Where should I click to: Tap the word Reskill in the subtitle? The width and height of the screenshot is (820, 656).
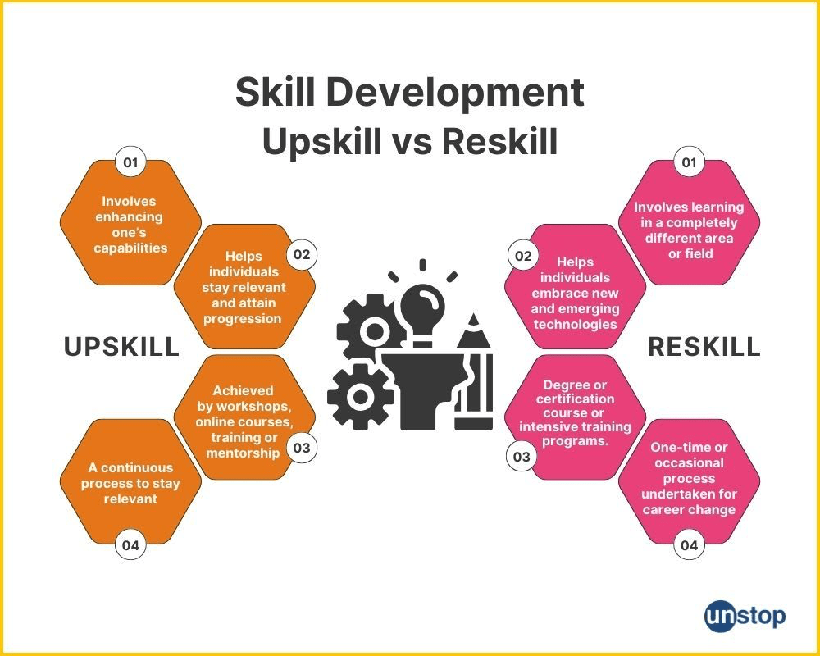click(x=500, y=141)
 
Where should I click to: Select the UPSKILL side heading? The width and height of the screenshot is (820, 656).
click(x=121, y=347)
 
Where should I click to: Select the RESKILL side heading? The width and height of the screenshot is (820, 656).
click(x=704, y=347)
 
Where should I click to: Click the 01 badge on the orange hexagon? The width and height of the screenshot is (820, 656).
click(x=130, y=162)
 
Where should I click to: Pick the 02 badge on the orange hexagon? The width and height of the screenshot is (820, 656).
click(x=302, y=255)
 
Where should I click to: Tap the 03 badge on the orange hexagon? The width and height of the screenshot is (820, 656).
click(x=302, y=448)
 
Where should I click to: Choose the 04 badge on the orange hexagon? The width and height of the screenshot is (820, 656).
click(x=130, y=545)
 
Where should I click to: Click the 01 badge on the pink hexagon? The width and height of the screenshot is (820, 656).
click(x=690, y=162)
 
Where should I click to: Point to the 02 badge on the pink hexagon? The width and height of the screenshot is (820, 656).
click(x=523, y=256)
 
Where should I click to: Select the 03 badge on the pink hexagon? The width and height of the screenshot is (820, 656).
click(x=522, y=457)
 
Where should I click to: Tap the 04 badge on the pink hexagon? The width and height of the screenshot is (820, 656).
click(x=690, y=545)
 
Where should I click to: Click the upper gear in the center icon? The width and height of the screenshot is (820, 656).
click(x=371, y=329)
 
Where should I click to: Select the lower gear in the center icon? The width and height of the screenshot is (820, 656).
click(x=360, y=397)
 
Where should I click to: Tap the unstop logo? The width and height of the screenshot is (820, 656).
click(x=745, y=617)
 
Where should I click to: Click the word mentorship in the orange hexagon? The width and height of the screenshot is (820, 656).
click(x=243, y=453)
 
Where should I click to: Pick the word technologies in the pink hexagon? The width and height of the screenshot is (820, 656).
click(x=576, y=325)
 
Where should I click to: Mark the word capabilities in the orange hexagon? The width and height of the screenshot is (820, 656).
click(x=130, y=248)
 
